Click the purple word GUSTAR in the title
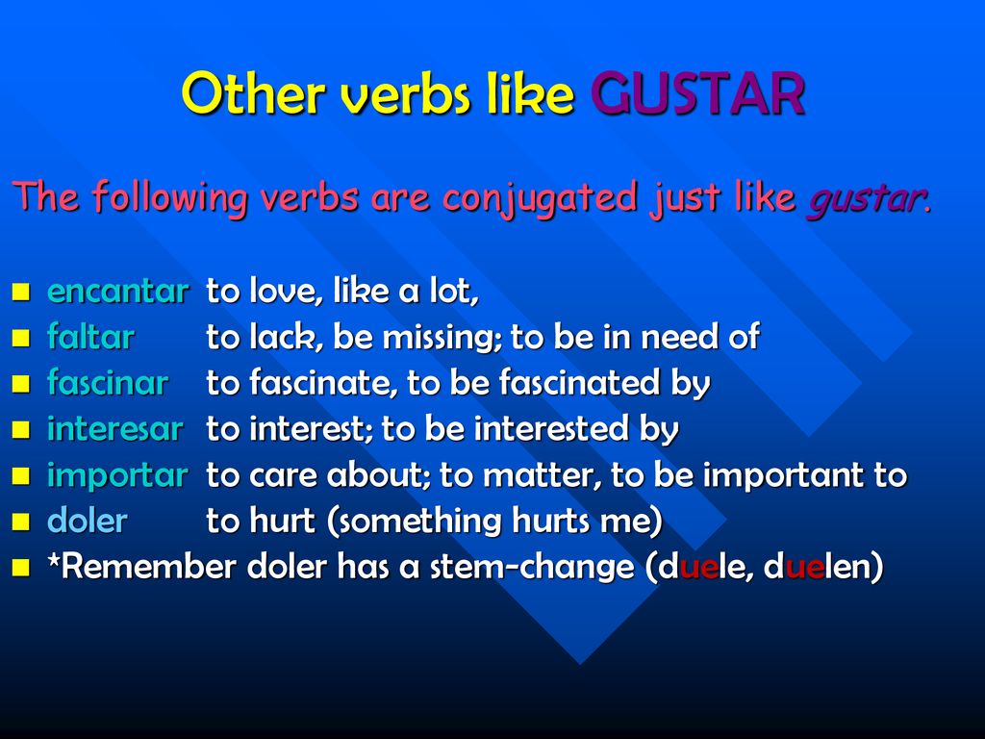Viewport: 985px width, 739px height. [x=697, y=93]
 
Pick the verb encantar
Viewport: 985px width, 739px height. [x=118, y=291]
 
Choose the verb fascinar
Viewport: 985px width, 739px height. [x=108, y=382]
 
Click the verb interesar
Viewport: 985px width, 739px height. [x=115, y=428]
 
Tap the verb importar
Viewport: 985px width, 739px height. [x=117, y=475]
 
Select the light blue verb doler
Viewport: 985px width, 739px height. [x=88, y=521]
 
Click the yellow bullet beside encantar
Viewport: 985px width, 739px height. [x=21, y=292]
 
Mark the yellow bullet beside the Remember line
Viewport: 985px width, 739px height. [x=21, y=568]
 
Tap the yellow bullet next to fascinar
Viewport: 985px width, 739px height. [x=21, y=383]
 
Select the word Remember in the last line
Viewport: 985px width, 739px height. [x=149, y=566]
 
